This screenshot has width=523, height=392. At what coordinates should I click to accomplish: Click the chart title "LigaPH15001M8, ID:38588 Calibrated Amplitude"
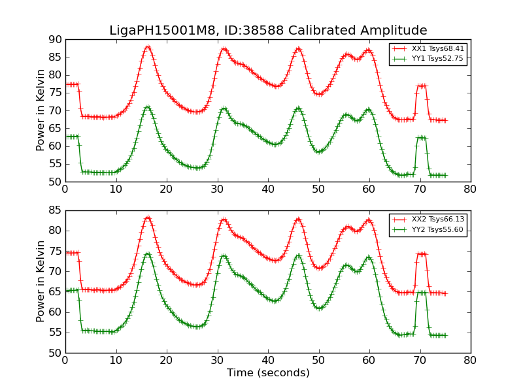[x=268, y=31]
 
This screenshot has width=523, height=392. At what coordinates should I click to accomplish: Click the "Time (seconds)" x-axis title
[x=268, y=373]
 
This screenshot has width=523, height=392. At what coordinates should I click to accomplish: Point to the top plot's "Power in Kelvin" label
[x=41, y=110]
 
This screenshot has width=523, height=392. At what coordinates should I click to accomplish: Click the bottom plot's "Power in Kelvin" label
[x=41, y=281]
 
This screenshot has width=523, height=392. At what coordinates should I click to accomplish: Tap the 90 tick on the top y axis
[x=55, y=39]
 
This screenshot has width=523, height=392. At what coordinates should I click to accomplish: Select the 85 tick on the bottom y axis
[x=55, y=210]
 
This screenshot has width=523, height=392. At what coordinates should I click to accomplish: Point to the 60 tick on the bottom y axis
[x=55, y=312]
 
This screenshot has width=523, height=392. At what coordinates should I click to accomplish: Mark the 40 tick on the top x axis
[x=268, y=189]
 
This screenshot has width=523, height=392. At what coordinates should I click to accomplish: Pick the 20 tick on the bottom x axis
[x=167, y=360]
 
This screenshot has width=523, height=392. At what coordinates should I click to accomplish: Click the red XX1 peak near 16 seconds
[x=148, y=47]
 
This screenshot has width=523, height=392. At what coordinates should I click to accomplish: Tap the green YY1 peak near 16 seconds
[x=147, y=106]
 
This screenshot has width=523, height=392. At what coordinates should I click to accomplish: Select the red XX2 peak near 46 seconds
[x=298, y=219]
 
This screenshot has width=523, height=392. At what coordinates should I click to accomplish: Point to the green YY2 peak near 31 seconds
[x=223, y=255]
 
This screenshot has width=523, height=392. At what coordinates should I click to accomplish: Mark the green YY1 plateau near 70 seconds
[x=421, y=137]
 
